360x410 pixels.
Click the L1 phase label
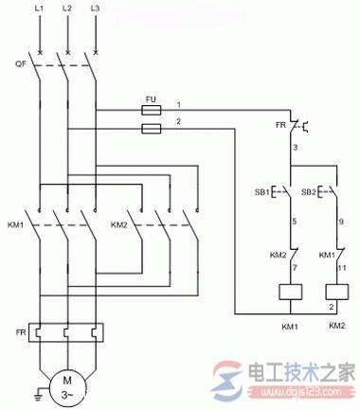click(x=39, y=9)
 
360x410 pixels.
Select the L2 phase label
click(x=66, y=9)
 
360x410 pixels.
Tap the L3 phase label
click(x=95, y=9)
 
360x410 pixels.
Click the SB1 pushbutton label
click(x=260, y=193)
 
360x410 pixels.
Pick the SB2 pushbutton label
click(x=308, y=193)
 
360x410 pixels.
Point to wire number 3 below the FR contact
click(x=296, y=149)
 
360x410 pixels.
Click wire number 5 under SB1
click(x=296, y=223)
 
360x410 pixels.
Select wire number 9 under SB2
click(x=339, y=223)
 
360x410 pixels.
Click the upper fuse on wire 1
click(x=151, y=109)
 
